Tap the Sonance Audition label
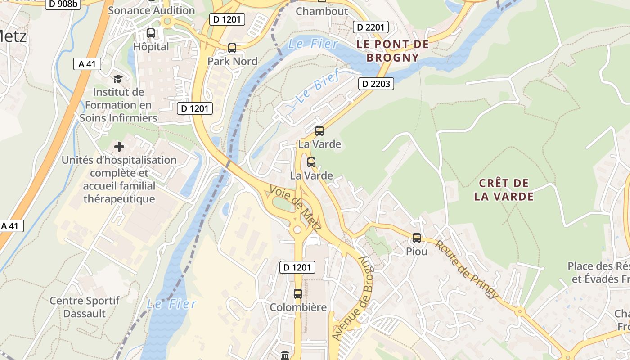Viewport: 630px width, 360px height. click(x=152, y=10)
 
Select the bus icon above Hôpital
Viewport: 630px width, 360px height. click(x=151, y=33)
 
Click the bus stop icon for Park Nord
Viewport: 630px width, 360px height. click(x=232, y=48)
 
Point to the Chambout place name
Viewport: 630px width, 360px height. click(x=322, y=11)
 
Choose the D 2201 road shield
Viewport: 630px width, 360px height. click(x=371, y=27)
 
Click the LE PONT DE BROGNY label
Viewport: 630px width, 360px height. click(x=392, y=51)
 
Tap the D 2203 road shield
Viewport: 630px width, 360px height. click(x=376, y=84)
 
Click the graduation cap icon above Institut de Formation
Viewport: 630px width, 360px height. click(x=118, y=79)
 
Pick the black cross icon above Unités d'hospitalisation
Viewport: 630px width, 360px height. click(x=119, y=147)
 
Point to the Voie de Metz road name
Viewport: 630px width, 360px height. click(x=295, y=208)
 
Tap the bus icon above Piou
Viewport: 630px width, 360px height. click(x=417, y=238)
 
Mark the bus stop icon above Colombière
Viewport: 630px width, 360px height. click(x=298, y=294)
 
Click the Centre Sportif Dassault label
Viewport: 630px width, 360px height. click(x=85, y=307)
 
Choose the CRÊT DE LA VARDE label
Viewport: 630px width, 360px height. click(x=504, y=190)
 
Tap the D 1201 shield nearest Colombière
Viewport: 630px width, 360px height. click(x=297, y=267)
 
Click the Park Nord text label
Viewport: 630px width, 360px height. click(x=232, y=61)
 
